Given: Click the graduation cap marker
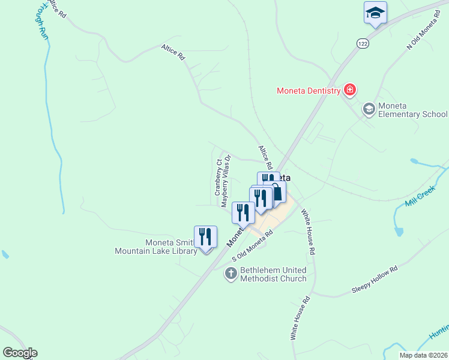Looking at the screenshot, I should pyautogui.click(x=375, y=13).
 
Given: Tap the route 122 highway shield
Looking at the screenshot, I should pyautogui.click(x=361, y=43).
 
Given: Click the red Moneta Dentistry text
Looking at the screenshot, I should pyautogui.click(x=308, y=91).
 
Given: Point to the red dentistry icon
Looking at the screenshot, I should pyautogui.click(x=350, y=91).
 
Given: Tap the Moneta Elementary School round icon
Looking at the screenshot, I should pyautogui.click(x=369, y=109).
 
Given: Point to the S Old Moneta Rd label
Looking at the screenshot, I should pyautogui.click(x=253, y=246).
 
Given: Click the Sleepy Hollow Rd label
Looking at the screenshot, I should pyautogui.click(x=375, y=280).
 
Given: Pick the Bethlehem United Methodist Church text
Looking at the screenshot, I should pyautogui.click(x=273, y=274).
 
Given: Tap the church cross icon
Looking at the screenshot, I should pyautogui.click(x=231, y=274).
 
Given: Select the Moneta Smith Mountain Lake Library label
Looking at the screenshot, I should pyautogui.click(x=156, y=247).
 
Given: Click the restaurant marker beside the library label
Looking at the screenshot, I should pyautogui.click(x=206, y=237).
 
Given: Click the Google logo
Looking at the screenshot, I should pyautogui.click(x=19, y=353).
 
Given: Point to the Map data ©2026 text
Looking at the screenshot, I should pyautogui.click(x=423, y=355).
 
